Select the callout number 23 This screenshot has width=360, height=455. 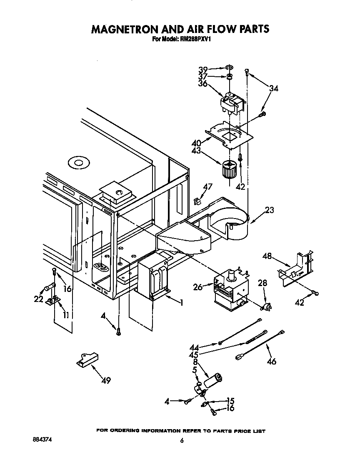[x=269, y=210]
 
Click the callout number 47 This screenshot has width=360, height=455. [x=208, y=187]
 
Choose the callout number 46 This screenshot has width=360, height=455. [x=271, y=361]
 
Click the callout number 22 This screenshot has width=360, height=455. [x=39, y=299]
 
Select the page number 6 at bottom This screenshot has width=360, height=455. [x=182, y=441]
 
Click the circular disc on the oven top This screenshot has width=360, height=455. [x=78, y=163]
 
